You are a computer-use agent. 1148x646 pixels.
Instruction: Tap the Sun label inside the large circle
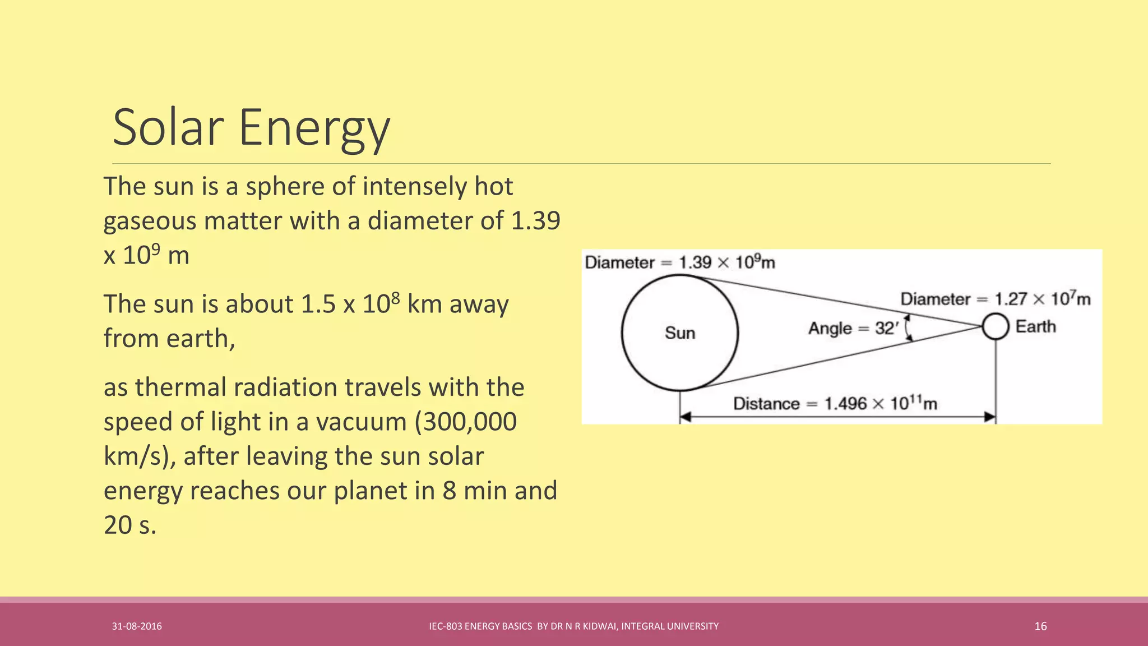point(680,333)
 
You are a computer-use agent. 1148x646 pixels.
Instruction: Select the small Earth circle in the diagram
point(996,326)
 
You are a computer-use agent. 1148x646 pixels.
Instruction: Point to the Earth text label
point(1035,326)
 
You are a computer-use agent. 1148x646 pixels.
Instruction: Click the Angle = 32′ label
point(853,329)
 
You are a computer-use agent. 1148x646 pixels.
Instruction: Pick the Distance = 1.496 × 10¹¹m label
point(835,404)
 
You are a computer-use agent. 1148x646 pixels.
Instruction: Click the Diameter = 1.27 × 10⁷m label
point(995,299)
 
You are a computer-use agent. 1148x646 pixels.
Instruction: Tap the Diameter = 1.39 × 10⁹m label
point(679,262)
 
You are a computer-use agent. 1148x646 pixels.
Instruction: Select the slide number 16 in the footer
point(1040,626)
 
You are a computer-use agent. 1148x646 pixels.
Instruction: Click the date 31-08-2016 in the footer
point(137,626)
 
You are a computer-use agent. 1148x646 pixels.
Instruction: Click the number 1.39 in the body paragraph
point(535,221)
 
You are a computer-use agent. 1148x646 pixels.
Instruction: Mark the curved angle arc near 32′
point(908,328)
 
